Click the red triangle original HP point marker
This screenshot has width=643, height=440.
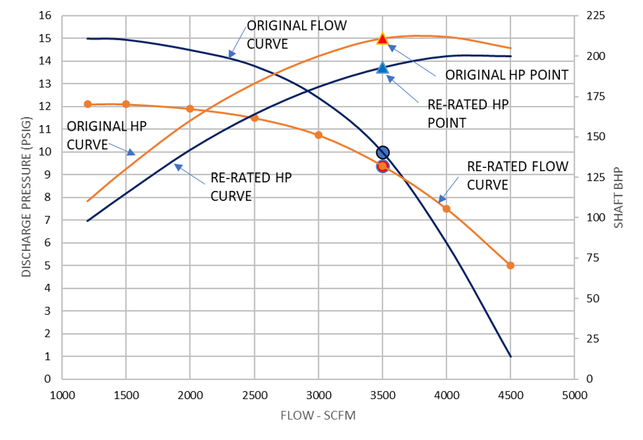click(382, 38)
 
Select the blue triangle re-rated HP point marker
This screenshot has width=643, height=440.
click(382, 68)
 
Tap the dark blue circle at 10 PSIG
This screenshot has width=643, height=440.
click(383, 152)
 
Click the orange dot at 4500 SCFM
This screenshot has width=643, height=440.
click(510, 265)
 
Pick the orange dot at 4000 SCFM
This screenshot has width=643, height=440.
click(446, 209)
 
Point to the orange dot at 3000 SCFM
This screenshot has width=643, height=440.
click(319, 135)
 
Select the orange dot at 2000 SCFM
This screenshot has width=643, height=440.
click(190, 108)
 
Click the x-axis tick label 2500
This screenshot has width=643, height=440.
click(254, 395)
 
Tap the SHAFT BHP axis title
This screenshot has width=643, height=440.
click(619, 198)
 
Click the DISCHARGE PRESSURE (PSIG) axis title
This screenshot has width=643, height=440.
click(25, 198)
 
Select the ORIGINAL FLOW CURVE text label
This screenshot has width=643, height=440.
click(296, 35)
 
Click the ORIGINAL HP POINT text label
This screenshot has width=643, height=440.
click(507, 75)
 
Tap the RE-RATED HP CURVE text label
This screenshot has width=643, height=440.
click(251, 187)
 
